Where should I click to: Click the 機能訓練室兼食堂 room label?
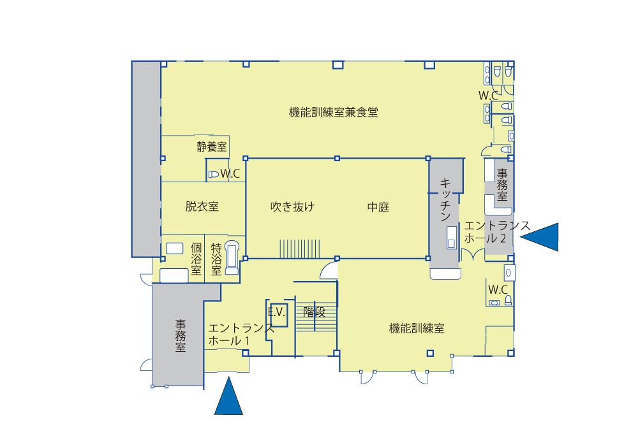point(333,112)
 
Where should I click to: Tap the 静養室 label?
point(212,147)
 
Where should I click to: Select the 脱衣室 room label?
point(202,206)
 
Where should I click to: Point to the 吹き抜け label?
point(293,207)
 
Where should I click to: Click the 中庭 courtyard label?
point(378,207)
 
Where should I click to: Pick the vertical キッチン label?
point(445,199)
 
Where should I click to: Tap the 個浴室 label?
point(196,259)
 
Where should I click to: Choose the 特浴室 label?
point(216,259)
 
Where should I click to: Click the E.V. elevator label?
point(277,312)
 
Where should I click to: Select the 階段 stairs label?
point(315,312)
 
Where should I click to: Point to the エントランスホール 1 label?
point(241,335)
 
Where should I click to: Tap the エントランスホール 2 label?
point(497,231)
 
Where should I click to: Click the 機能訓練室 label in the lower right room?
point(417,328)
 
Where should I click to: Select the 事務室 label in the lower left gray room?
point(181,336)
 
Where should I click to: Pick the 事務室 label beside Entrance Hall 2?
point(502,185)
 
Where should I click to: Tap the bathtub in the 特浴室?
point(232,257)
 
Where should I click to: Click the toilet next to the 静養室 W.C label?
point(214,175)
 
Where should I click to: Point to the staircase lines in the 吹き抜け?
point(299,249)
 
